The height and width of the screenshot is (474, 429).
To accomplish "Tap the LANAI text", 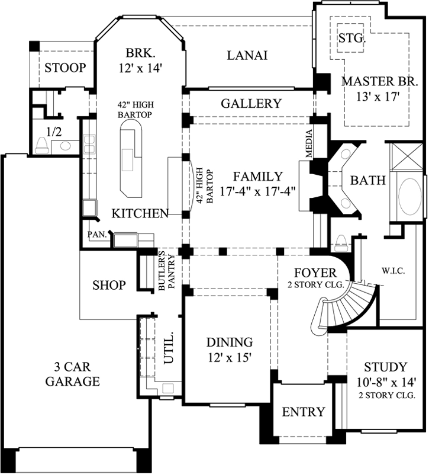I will pyautogui.click(x=247, y=56).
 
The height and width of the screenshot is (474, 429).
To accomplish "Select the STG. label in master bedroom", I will pyautogui.click(x=353, y=39).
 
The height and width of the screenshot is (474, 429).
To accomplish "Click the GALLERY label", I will pyautogui.click(x=251, y=104).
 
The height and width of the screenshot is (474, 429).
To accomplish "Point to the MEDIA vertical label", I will pyautogui.click(x=309, y=143).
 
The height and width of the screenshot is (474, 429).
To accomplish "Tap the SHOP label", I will pyautogui.click(x=109, y=286).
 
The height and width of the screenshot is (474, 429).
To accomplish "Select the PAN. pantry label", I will pyautogui.click(x=96, y=235).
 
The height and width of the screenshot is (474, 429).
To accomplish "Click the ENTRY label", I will pyautogui.click(x=303, y=412).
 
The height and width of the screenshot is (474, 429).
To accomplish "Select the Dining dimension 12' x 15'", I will pyautogui.click(x=230, y=357).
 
